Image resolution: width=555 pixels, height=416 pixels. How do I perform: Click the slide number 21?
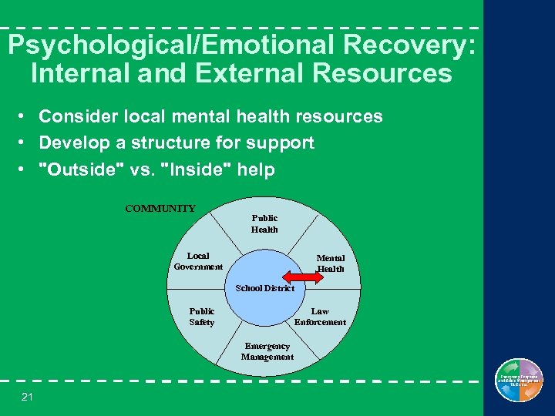[27, 397]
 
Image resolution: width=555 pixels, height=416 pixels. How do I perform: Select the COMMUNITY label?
[160, 208]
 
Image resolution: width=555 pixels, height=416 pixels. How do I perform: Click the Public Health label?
[264, 223]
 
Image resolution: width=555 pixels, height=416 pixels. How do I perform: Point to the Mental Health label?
[331, 263]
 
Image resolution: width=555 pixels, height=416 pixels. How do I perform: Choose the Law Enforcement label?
[320, 317]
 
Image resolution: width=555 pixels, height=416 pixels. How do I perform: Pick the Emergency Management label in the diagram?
[267, 351]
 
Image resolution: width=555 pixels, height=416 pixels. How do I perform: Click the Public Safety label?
[202, 317]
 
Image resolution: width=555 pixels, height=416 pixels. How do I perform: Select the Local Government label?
[198, 261]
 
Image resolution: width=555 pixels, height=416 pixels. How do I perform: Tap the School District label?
[264, 288]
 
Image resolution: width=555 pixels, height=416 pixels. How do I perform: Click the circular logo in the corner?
[519, 381]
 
